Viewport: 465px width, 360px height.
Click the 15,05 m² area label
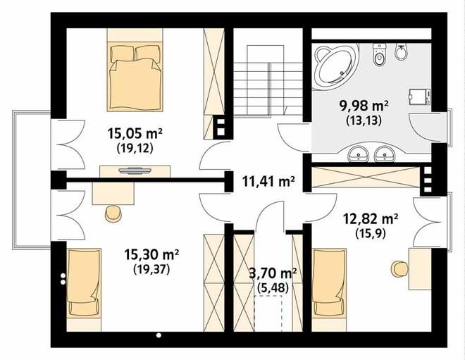tap(135, 134)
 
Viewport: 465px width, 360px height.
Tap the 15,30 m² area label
tap(151, 255)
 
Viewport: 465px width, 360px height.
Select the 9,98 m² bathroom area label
tap(364, 106)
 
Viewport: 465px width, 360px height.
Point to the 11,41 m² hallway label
tap(268, 181)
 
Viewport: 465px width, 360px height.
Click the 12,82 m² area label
tap(371, 219)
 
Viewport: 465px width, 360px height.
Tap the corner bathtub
tap(335, 65)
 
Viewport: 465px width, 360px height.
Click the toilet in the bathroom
tap(379, 55)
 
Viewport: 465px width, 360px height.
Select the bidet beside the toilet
tap(401, 52)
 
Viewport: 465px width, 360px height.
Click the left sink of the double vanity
tap(359, 154)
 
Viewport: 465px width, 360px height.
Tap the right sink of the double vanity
tap(385, 154)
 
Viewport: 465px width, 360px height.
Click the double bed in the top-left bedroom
tap(135, 77)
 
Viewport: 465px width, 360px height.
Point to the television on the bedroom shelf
tap(135, 170)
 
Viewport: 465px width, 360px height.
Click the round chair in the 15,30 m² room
tap(113, 213)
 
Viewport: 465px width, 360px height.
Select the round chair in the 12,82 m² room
tap(399, 269)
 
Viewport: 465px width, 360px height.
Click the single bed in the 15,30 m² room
tap(85, 283)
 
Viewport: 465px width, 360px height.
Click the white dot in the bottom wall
tap(159, 335)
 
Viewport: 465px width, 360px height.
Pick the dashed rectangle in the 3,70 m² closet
tap(268, 313)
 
